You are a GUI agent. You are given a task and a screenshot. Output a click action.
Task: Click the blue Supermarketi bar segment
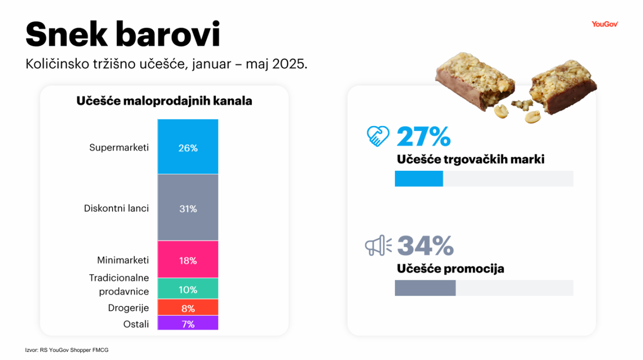pyautogui.click(x=188, y=147)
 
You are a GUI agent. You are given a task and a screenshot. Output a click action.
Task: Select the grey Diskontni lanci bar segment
pyautogui.click(x=188, y=207)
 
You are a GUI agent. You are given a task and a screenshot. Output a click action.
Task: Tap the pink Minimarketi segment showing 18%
pyautogui.click(x=188, y=260)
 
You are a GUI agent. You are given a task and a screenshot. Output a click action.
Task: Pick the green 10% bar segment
pyautogui.click(x=188, y=289)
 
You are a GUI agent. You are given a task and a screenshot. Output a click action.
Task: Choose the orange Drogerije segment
pyautogui.click(x=188, y=307)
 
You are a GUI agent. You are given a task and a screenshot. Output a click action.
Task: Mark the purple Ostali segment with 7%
pyautogui.click(x=188, y=323)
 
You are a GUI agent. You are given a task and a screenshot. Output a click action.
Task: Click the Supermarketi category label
pyautogui.click(x=119, y=148)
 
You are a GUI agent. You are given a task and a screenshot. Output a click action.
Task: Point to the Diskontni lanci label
pyautogui.click(x=117, y=208)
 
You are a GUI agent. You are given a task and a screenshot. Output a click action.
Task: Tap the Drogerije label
pyautogui.click(x=129, y=308)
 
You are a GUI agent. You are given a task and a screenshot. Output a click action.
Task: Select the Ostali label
pyautogui.click(x=136, y=324)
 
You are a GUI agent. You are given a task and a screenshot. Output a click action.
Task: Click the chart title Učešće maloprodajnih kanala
pyautogui.click(x=164, y=101)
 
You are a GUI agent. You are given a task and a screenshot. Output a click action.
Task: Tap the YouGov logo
pyautogui.click(x=604, y=24)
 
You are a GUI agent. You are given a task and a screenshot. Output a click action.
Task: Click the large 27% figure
pyautogui.click(x=424, y=137)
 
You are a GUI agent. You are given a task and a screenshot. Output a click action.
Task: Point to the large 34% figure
pyautogui.click(x=425, y=246)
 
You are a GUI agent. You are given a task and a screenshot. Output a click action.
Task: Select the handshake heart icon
pyautogui.click(x=378, y=136)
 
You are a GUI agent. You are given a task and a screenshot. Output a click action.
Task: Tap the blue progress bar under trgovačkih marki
pyautogui.click(x=419, y=179)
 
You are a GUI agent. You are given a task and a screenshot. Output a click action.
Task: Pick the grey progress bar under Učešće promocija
pyautogui.click(x=425, y=288)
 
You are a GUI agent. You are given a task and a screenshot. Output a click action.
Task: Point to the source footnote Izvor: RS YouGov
pyautogui.click(x=67, y=350)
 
